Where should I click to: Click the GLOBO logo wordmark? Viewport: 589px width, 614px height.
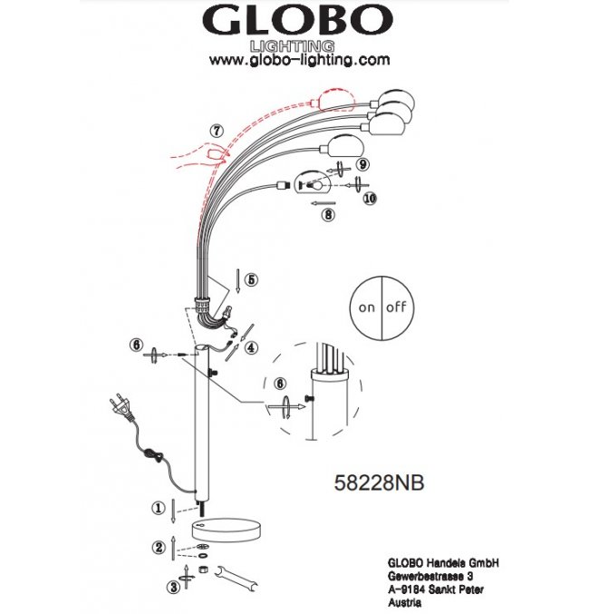pos(297,20)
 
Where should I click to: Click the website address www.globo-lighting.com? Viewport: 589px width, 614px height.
pos(299,60)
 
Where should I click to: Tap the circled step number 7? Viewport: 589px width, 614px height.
pos(217,131)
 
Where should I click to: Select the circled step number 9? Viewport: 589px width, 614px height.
pos(362,164)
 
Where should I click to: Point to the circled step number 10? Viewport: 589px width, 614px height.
pos(370,199)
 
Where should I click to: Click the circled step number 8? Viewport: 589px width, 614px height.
pos(328,214)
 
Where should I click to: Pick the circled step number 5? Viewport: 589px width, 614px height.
pos(251,279)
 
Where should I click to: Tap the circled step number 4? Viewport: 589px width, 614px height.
pos(251,347)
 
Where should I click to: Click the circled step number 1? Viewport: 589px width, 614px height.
pos(159,508)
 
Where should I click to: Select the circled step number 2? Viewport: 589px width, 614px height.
pos(159,547)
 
